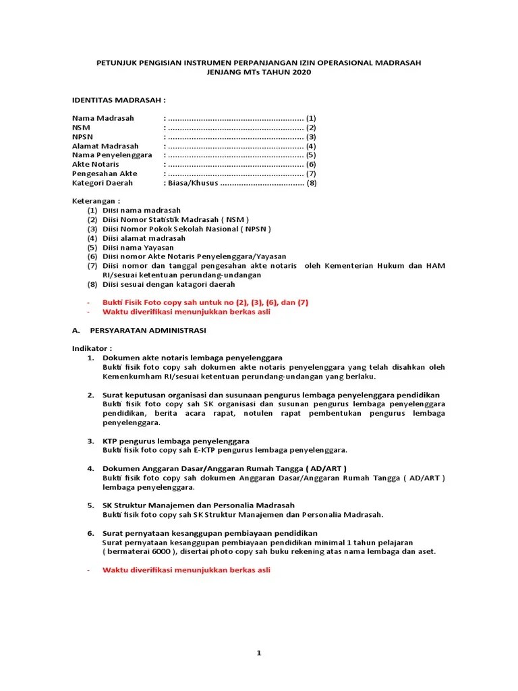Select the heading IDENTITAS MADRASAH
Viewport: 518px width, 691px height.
pos(119,99)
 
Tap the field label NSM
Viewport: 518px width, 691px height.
pos(80,128)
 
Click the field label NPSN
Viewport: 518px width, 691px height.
pos(82,137)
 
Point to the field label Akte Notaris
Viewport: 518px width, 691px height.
pos(96,165)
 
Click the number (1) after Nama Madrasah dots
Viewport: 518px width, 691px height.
pos(311,118)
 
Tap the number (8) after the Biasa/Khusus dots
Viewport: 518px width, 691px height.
pos(311,183)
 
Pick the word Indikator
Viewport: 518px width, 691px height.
pos(94,349)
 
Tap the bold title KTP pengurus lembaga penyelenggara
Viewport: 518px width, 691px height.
pos(176,441)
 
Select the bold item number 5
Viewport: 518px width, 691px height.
pos(90,505)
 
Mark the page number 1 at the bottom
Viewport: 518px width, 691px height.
pos(258,653)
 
